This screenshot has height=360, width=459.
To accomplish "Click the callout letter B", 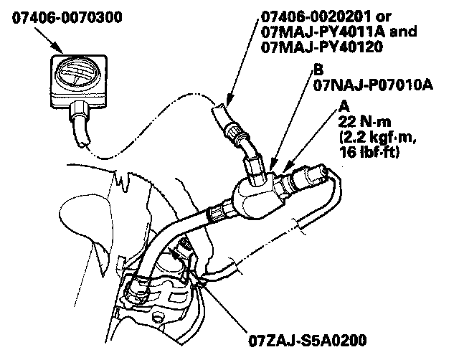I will click(x=317, y=70).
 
